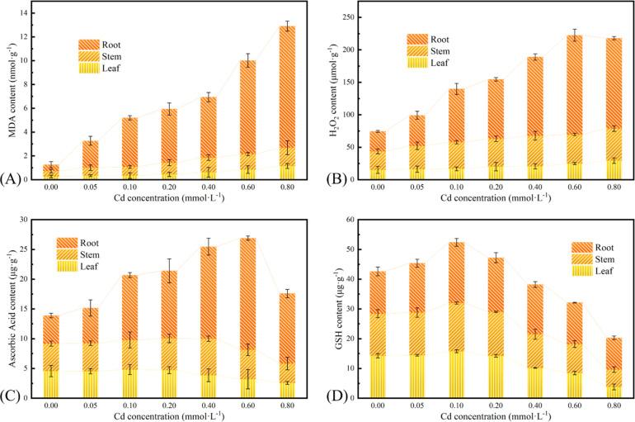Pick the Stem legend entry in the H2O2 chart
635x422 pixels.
[429, 50]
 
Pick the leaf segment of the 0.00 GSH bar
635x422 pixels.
[379, 377]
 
